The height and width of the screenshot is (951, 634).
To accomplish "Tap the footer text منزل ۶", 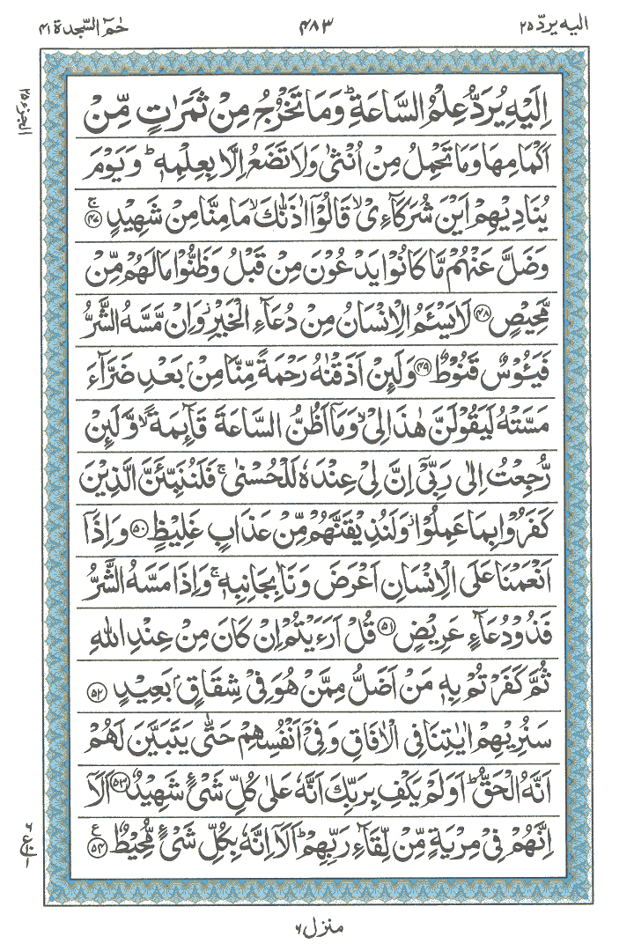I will point(318,927).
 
